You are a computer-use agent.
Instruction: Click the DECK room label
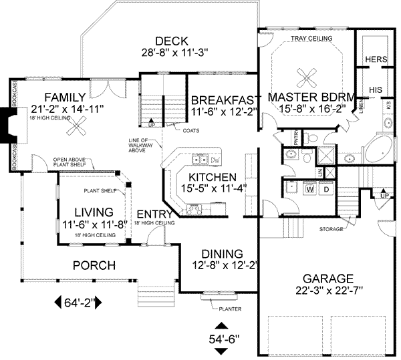click(x=166, y=40)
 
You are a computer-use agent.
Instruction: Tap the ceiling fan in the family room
click(x=80, y=123)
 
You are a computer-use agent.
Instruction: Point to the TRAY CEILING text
click(x=311, y=39)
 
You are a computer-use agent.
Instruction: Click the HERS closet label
click(x=376, y=60)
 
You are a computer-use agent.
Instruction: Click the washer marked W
click(x=309, y=189)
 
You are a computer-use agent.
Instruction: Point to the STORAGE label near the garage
click(x=331, y=229)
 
